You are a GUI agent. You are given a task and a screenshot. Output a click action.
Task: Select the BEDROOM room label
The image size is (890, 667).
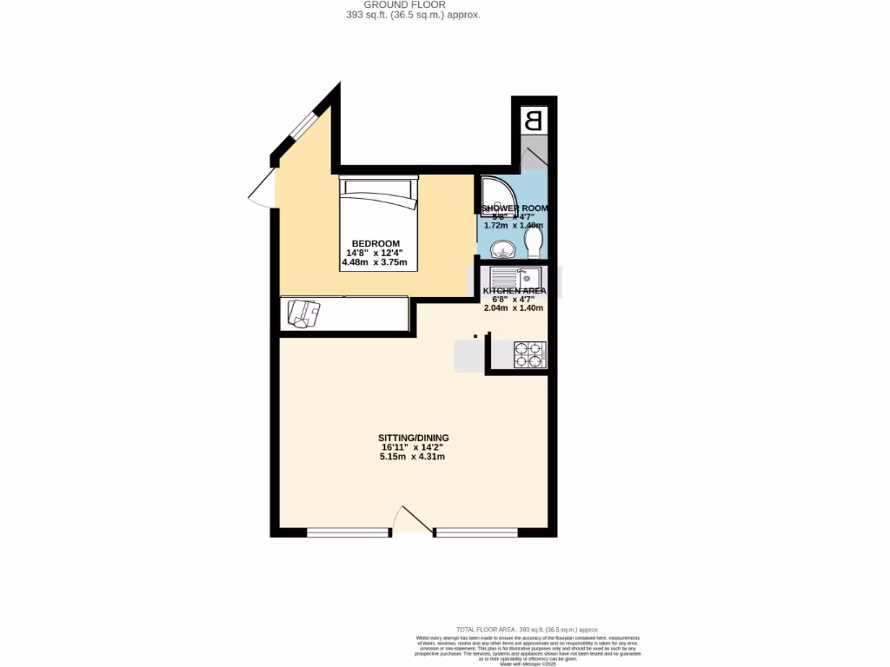(x=375, y=243)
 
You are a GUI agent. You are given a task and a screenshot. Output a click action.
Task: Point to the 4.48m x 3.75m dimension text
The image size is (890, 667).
(x=375, y=263)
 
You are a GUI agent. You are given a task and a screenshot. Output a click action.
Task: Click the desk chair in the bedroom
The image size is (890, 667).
(x=302, y=313)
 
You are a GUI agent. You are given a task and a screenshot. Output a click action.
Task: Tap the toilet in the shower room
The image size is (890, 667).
(x=534, y=241)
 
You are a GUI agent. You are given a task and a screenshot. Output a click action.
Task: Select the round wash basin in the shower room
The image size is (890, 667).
(x=501, y=250)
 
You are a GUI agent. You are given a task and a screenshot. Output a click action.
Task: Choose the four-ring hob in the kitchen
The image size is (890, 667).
(x=529, y=354)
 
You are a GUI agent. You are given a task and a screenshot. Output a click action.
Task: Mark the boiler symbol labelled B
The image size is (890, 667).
(x=535, y=120)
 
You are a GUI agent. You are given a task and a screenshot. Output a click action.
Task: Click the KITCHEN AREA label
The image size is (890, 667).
(x=515, y=291)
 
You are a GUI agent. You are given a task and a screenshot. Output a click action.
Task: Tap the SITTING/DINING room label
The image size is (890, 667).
(x=413, y=437)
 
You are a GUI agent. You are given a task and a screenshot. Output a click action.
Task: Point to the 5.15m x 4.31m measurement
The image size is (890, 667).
(x=413, y=456)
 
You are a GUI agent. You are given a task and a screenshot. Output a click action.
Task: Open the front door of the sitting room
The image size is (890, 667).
(x=413, y=520)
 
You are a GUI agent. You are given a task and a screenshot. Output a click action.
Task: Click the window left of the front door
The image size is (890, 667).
(x=347, y=532)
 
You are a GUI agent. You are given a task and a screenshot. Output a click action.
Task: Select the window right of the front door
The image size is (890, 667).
(x=475, y=532)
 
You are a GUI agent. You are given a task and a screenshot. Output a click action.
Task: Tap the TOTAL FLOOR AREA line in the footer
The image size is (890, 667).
(x=528, y=629)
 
